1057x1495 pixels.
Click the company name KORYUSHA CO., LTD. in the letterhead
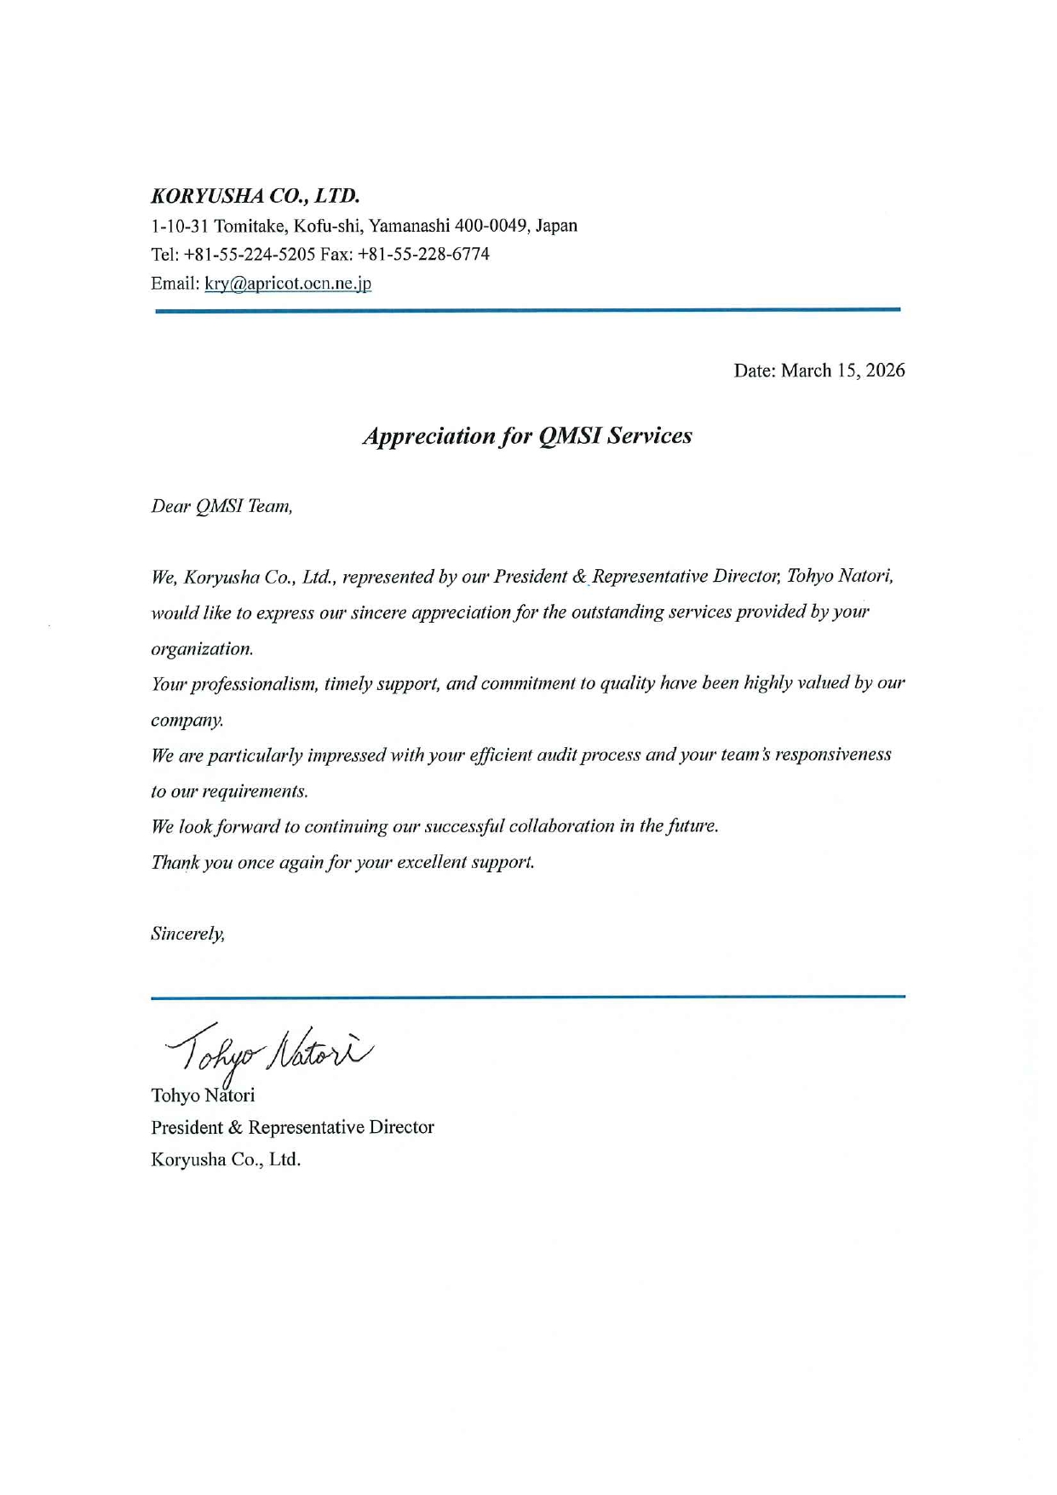255,196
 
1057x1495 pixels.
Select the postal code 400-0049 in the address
491,226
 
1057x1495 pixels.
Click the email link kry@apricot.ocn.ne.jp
288,284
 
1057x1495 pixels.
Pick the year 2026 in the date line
885,371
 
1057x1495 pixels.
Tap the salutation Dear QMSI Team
221,507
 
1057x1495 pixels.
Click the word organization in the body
201,649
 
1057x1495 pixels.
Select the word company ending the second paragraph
187,721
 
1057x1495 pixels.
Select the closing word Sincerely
187,934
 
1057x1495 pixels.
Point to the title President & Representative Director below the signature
292,1128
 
